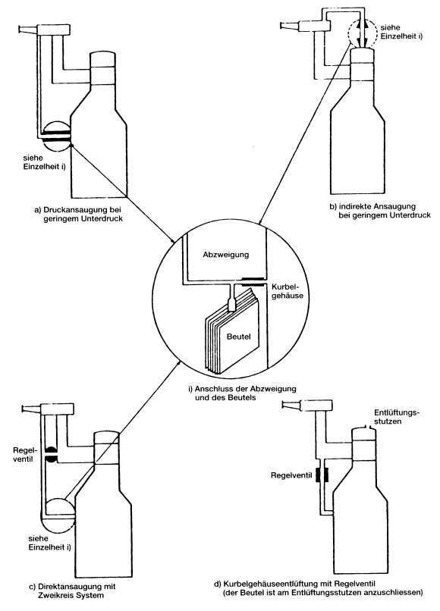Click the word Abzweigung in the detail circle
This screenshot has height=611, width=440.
tap(225, 255)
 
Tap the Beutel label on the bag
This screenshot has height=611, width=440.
tap(238, 337)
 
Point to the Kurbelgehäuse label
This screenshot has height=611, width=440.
tap(287, 290)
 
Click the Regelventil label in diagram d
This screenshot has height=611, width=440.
tap(291, 475)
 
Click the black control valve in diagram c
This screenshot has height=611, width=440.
tap(51, 454)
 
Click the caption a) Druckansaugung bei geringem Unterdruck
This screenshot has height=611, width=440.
tap(78, 214)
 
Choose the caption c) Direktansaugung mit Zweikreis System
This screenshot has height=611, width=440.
tap(72, 591)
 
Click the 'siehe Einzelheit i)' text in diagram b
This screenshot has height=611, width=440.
tap(401, 32)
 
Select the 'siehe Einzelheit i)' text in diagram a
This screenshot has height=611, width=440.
tap(44, 162)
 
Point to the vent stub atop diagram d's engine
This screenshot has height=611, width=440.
tap(366, 428)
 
